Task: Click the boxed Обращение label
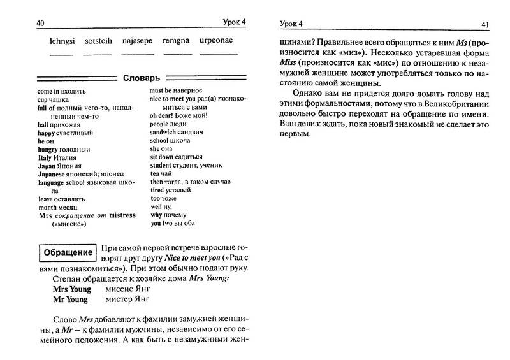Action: click(66, 252)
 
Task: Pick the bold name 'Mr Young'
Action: click(71, 298)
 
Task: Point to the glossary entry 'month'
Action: click(31, 207)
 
